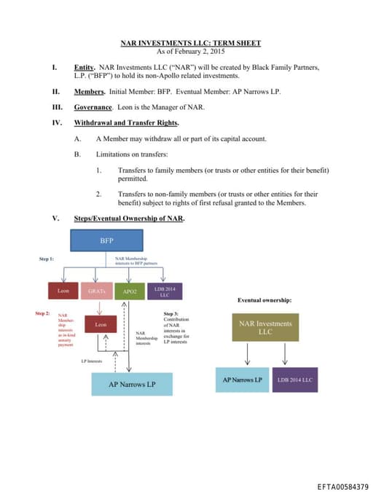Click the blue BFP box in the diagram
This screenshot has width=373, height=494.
click(x=107, y=239)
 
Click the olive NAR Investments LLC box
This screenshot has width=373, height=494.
click(x=265, y=328)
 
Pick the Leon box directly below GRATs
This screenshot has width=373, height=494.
click(x=101, y=324)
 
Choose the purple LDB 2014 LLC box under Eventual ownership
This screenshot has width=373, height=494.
click(x=295, y=380)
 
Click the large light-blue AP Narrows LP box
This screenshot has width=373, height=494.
click(x=132, y=384)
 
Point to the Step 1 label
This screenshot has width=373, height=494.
click(x=47, y=259)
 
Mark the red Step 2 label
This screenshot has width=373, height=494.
click(x=42, y=313)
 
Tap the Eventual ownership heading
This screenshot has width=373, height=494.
click(x=265, y=299)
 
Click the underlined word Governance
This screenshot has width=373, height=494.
click(x=93, y=106)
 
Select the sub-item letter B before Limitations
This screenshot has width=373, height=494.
click(x=77, y=154)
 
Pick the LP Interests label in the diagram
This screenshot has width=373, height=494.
click(x=91, y=361)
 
